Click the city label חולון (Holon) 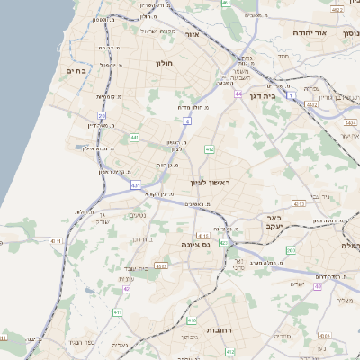tap(164, 64)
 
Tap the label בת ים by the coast tap(76, 69)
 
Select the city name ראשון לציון tap(210, 183)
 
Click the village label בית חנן tap(142, 239)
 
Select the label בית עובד tap(138, 269)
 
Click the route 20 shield tap(102, 115)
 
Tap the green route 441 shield tap(134, 138)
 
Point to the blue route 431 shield tap(135, 185)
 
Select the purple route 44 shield tap(238, 94)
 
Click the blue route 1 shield tap(292, 94)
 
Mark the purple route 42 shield tap(127, 289)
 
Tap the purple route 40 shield tap(318, 286)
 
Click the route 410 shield tap(192, 320)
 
